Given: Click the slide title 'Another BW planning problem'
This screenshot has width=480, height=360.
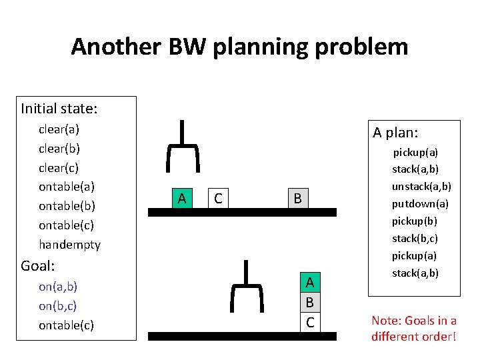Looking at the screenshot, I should (239, 47).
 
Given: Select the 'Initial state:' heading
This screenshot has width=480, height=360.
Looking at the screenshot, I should (59, 108).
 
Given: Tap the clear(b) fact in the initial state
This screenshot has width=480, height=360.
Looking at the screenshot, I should (59, 148).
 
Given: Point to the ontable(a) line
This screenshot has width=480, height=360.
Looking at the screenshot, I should (67, 187).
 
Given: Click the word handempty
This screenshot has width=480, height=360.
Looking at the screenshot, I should (69, 245).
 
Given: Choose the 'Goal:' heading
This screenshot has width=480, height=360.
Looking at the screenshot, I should (37, 266).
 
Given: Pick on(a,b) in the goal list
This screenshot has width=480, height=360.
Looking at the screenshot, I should (58, 287).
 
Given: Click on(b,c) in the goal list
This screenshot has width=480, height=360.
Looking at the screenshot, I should (58, 306).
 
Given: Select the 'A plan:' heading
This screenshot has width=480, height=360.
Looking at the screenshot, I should (396, 133).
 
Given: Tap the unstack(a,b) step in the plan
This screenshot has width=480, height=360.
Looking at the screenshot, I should (421, 186).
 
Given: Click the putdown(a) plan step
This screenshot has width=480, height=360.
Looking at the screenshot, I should (420, 203).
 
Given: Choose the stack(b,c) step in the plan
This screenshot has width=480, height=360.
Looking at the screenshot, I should (415, 238).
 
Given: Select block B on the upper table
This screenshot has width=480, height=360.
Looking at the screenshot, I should (298, 198).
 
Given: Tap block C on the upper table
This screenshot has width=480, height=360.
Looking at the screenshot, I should (217, 198).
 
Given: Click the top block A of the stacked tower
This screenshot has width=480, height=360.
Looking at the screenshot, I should (310, 283).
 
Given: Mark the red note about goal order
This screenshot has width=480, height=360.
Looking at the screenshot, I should (414, 329).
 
